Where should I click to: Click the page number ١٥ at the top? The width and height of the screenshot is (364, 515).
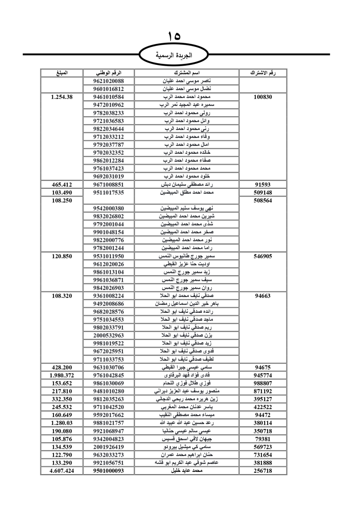[174, 36]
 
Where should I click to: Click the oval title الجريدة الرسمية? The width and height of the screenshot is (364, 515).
[174, 56]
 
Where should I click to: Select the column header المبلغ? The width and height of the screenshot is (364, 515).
[62, 73]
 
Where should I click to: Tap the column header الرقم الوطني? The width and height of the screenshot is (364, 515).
[108, 73]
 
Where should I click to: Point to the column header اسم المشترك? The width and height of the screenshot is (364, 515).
[187, 73]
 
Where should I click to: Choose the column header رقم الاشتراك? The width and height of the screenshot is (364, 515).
[263, 73]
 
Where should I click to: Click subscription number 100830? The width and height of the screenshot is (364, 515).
[263, 97]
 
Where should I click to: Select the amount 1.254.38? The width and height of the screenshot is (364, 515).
[62, 97]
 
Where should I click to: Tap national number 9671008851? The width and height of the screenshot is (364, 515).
[108, 185]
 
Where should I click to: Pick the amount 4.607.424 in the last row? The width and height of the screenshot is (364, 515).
[62, 471]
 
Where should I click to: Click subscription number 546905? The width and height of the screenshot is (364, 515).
[263, 256]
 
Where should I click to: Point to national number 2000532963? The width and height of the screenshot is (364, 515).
[108, 335]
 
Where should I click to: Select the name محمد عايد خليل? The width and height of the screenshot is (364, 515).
[187, 471]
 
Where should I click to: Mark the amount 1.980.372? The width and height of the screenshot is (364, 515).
[62, 375]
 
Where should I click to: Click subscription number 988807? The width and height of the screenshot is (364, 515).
[263, 383]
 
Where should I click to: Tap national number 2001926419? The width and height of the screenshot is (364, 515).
[108, 447]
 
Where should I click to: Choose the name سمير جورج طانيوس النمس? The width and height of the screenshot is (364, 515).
[187, 256]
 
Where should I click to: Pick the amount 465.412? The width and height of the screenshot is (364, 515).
[62, 185]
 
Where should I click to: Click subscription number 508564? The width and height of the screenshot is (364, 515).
[263, 200]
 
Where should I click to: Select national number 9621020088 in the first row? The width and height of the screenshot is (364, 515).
[108, 81]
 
